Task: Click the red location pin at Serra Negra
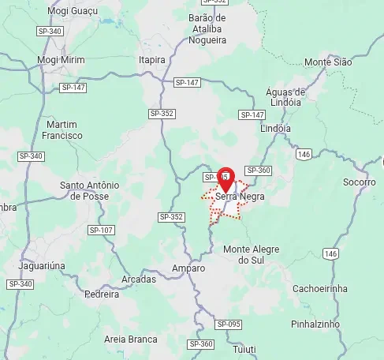tap(226, 178)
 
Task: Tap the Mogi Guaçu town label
tap(73, 11)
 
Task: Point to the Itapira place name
tap(152, 59)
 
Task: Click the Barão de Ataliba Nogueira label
tap(207, 28)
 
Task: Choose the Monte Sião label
tap(328, 62)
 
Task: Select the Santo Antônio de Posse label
tap(89, 190)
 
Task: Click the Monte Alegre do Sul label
tap(252, 254)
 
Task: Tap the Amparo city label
tap(187, 268)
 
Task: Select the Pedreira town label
tap(102, 294)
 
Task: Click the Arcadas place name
tap(139, 279)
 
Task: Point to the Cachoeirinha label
tap(320, 288)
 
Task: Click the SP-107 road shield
tap(102, 231)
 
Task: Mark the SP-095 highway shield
tap(228, 324)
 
